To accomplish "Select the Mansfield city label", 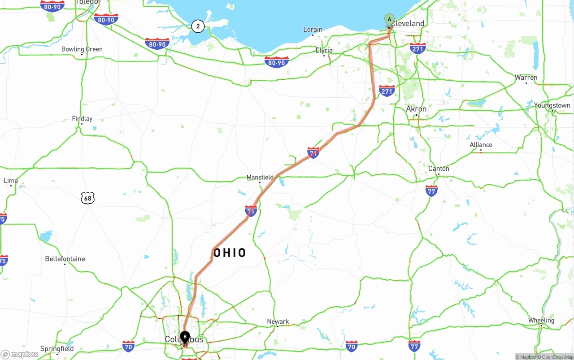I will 260,178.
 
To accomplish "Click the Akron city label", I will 416,109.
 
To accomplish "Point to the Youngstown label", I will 552,106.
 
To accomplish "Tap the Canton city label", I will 439,169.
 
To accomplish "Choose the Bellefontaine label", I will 65,259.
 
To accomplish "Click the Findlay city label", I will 82,119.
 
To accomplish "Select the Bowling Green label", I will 82,49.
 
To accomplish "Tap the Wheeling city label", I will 541,321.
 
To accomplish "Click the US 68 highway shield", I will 88,198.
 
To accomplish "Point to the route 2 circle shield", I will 198,26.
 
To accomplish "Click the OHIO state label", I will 230,253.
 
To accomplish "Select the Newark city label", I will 278,321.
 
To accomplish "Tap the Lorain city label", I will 313,30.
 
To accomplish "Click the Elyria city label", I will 324,50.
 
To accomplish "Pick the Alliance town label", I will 481,145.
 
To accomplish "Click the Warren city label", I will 526,78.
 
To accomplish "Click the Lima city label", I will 11,181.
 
